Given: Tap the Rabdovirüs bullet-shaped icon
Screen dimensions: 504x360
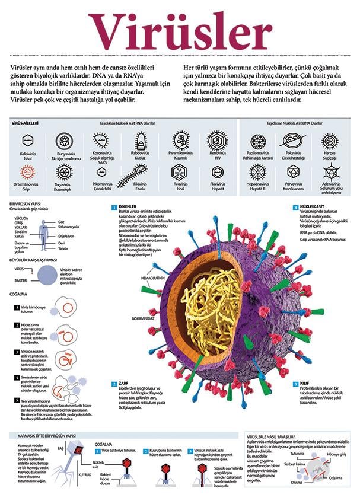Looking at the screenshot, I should tap(141, 141).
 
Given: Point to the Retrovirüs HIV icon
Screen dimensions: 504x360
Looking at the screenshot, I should tap(217, 141).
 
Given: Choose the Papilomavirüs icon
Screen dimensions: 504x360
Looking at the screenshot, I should tap(257, 141).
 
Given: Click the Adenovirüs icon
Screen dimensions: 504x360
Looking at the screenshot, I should tap(330, 172).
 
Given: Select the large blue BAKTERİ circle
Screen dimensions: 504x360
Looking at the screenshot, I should tap(47, 274).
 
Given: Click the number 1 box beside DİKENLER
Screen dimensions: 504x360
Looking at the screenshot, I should tap(113, 207).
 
